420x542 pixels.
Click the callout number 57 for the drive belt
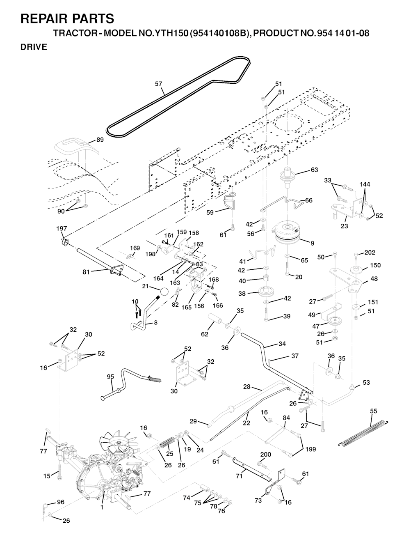(158, 84)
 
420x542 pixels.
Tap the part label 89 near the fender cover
(100, 140)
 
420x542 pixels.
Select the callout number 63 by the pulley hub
(314, 170)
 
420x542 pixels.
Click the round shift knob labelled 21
(164, 292)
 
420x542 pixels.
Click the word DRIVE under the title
(34, 47)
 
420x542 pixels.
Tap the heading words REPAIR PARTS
(67, 18)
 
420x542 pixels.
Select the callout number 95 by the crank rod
(110, 376)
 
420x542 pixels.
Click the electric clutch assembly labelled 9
(292, 232)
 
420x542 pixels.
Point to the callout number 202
(370, 253)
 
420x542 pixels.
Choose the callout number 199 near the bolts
(310, 449)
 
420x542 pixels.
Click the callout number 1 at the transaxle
(102, 507)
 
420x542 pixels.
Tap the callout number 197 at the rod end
(62, 228)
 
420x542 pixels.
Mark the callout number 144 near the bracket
(365, 184)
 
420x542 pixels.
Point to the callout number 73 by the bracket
(258, 501)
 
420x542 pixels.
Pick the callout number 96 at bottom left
(60, 502)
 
